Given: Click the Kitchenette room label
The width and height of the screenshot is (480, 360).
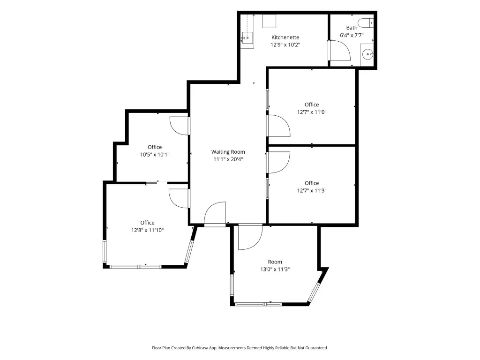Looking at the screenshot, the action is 285,37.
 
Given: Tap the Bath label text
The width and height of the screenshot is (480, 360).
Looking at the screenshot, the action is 352,28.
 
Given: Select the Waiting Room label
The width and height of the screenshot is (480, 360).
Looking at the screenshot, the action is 228,152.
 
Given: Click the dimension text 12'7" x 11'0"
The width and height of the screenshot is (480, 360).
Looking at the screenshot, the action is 312,112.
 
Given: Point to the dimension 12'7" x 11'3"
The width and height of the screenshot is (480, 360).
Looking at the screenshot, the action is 312,190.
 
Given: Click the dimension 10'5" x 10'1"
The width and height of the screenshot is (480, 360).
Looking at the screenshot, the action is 155,155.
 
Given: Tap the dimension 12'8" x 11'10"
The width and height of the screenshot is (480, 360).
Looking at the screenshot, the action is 147,230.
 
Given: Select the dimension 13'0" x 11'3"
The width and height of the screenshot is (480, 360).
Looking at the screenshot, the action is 275,270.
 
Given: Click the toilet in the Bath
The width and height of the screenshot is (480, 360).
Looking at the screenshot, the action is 366,23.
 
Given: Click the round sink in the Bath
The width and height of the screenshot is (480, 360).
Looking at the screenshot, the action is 367,55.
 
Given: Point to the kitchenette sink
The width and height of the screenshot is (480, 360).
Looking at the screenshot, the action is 247,38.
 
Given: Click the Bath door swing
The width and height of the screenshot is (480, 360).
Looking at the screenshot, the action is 339,51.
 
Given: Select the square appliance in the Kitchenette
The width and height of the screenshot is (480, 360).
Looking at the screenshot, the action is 269,21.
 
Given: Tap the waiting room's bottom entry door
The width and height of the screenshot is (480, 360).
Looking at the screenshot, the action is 215,214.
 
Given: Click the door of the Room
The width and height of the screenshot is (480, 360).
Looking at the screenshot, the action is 250,237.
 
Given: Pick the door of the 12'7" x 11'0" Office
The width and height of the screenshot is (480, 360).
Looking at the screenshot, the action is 278,126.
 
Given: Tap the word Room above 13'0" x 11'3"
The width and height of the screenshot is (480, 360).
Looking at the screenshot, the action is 275,262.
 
